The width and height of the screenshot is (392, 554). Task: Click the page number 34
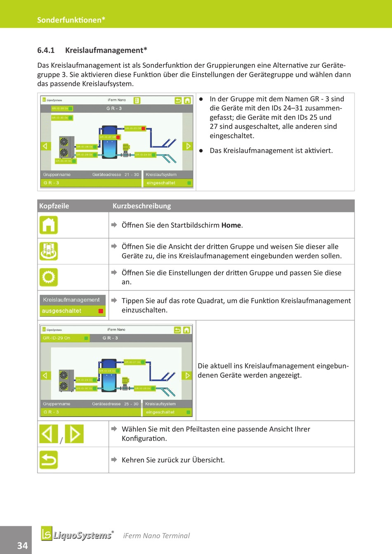coord(22,545)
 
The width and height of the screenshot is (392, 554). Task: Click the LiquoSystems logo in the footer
coord(77,535)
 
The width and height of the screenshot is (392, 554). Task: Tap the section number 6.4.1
coord(46,50)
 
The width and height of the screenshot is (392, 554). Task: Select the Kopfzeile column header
coord(54,206)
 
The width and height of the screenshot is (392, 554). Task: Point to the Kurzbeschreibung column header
coord(142,206)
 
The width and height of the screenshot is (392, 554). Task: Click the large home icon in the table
coord(48,225)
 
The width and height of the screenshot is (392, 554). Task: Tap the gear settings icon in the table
coord(48,277)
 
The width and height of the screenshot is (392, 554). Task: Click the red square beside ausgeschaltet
coord(101,311)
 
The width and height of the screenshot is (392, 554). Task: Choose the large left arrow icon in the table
coord(48,434)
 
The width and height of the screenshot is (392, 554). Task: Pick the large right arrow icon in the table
coord(74,434)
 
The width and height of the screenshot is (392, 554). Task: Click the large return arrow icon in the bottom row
coord(48,460)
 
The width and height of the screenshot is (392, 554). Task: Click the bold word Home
coord(231,225)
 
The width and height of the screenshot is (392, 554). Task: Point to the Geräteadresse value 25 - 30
coord(131,404)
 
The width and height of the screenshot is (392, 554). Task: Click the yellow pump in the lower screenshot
coord(125,381)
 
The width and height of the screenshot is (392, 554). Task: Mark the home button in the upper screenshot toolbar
coord(187,100)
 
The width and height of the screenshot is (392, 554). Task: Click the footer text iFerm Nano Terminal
coord(156,536)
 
